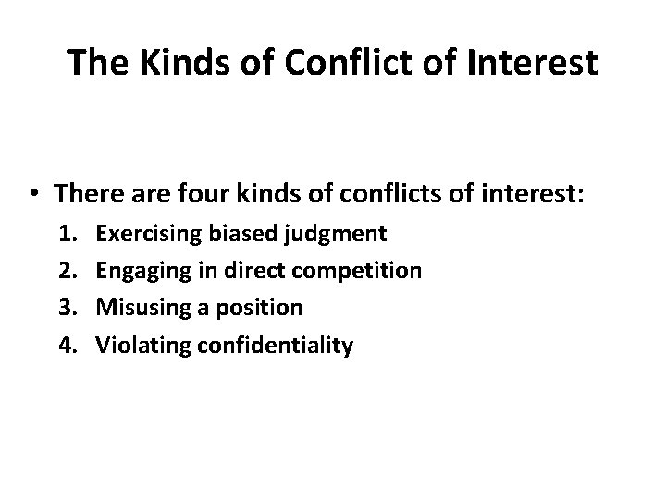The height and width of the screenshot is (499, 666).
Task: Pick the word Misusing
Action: coord(139,309)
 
